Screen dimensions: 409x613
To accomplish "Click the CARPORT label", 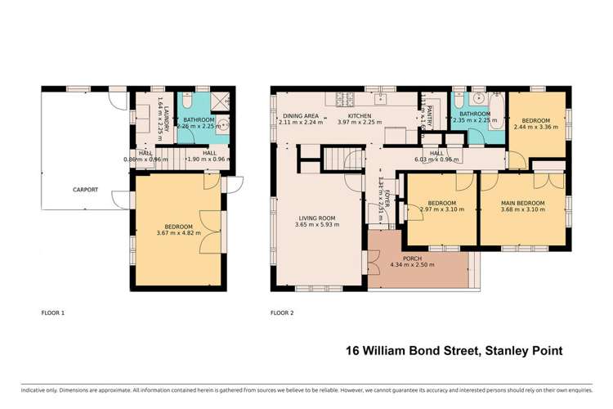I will coord(84,190).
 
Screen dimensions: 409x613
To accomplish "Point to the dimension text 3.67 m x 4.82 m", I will coord(178,233).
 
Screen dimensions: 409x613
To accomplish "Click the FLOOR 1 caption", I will coord(52,312).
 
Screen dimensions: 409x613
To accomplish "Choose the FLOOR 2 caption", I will coord(282,312).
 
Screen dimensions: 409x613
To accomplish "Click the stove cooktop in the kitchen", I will coord(342,101).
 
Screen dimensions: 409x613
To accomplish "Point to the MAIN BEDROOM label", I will coord(522,202).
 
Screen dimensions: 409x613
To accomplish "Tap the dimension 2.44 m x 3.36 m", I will coord(536,127).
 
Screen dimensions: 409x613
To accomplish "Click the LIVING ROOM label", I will coord(317,218).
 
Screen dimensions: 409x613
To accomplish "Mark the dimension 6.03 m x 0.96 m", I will coord(436,159).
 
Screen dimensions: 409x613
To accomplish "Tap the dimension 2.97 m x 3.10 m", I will coord(441,209).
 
